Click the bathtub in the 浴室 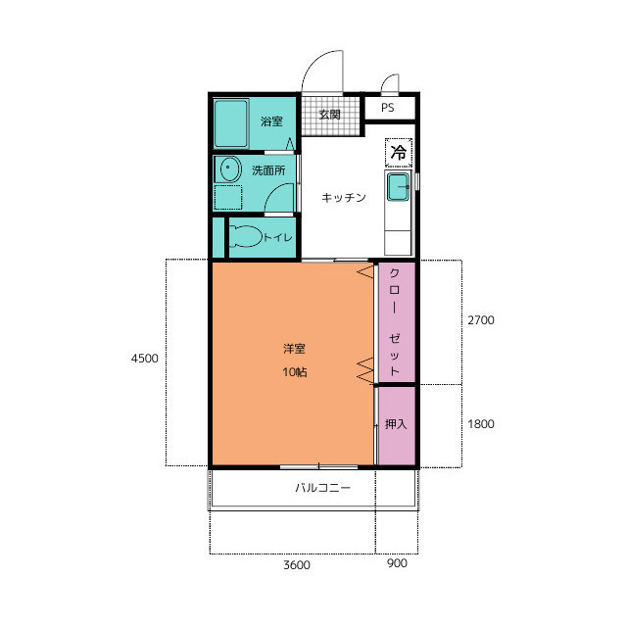pos(231,123)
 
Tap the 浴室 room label pos(271,121)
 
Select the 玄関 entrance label pos(329,115)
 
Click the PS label pos(388,108)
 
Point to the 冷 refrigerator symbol pos(399,153)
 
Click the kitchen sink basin pos(398,187)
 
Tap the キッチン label pos(344,198)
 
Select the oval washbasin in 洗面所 pos(228,169)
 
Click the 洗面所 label pos(268,170)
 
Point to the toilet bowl pos(245,236)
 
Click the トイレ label pos(278,237)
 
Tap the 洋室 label pos(294,349)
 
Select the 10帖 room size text pos(295,372)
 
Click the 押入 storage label pos(396,424)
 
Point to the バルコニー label pos(322,488)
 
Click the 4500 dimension pos(145,359)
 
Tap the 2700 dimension pos(481,320)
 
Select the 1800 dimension pos(481,424)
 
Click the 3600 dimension pos(297,565)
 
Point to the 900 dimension pos(397,563)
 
